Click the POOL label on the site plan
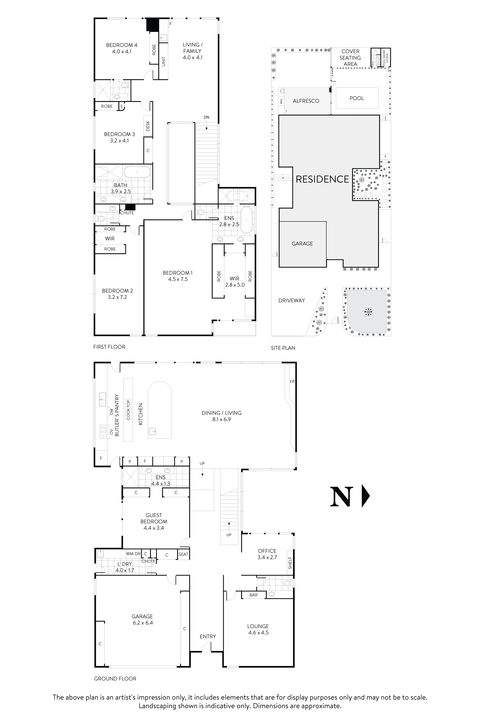click(x=356, y=98)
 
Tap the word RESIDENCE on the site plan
click(x=322, y=179)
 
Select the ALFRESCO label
click(x=306, y=101)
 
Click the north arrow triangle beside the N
click(x=366, y=496)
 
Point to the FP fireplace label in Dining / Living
click(x=292, y=382)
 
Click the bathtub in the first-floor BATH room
click(x=137, y=172)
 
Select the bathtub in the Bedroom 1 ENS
click(x=246, y=220)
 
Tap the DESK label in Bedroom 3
click(x=148, y=126)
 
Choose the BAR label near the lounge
click(x=253, y=595)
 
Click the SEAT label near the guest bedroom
click(x=183, y=554)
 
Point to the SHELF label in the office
click(x=290, y=563)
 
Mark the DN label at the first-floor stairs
click(x=206, y=117)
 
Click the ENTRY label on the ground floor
click(x=208, y=637)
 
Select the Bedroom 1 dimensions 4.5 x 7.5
click(x=178, y=279)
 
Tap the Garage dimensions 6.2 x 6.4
click(x=143, y=623)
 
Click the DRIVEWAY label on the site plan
click(x=291, y=300)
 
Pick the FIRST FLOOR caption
click(x=109, y=347)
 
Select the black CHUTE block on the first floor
click(x=130, y=207)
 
